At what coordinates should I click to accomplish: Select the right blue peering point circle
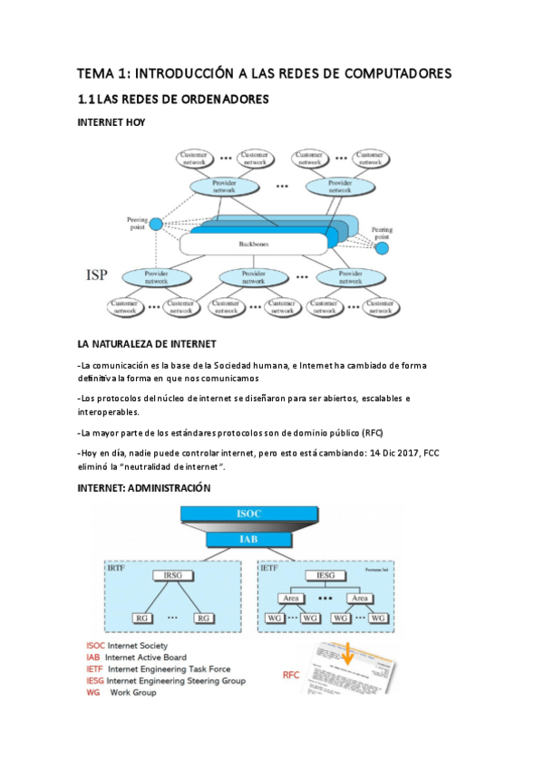pos(382,248)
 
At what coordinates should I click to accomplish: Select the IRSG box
pos(172,576)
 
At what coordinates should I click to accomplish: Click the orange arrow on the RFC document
pos(349,653)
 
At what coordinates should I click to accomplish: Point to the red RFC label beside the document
pos(291,675)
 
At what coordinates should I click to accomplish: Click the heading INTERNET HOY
pos(112,122)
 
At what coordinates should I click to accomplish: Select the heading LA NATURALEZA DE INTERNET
pos(147,344)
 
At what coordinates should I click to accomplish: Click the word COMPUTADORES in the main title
pos(393,73)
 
